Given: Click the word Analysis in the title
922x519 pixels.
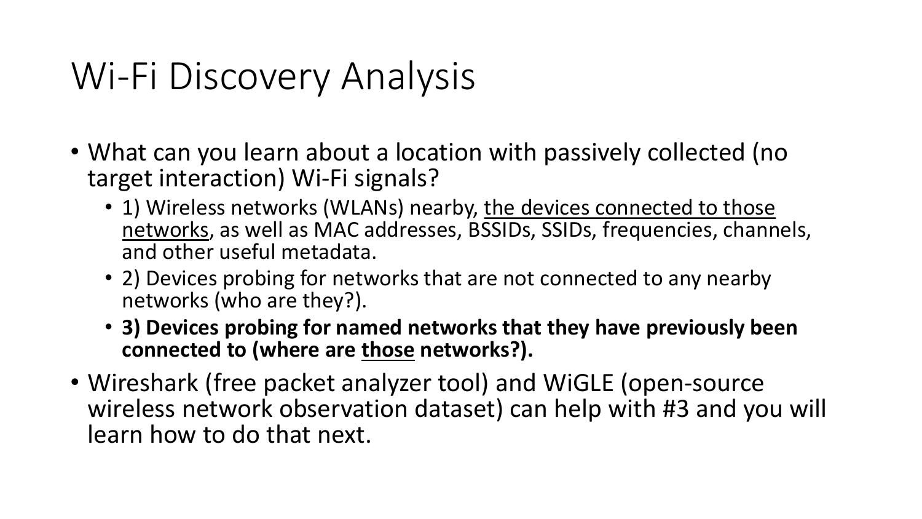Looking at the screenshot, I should (x=408, y=76).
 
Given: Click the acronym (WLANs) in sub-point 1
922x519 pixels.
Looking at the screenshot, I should (x=363, y=208).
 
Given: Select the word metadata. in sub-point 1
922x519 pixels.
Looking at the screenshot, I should (x=328, y=252).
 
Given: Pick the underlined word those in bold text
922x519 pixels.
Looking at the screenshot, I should (x=387, y=350).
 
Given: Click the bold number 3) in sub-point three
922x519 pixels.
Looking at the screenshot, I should (x=131, y=328).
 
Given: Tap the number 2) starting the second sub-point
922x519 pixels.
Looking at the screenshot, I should (x=131, y=279).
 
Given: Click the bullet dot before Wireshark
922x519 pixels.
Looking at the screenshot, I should (x=75, y=382).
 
